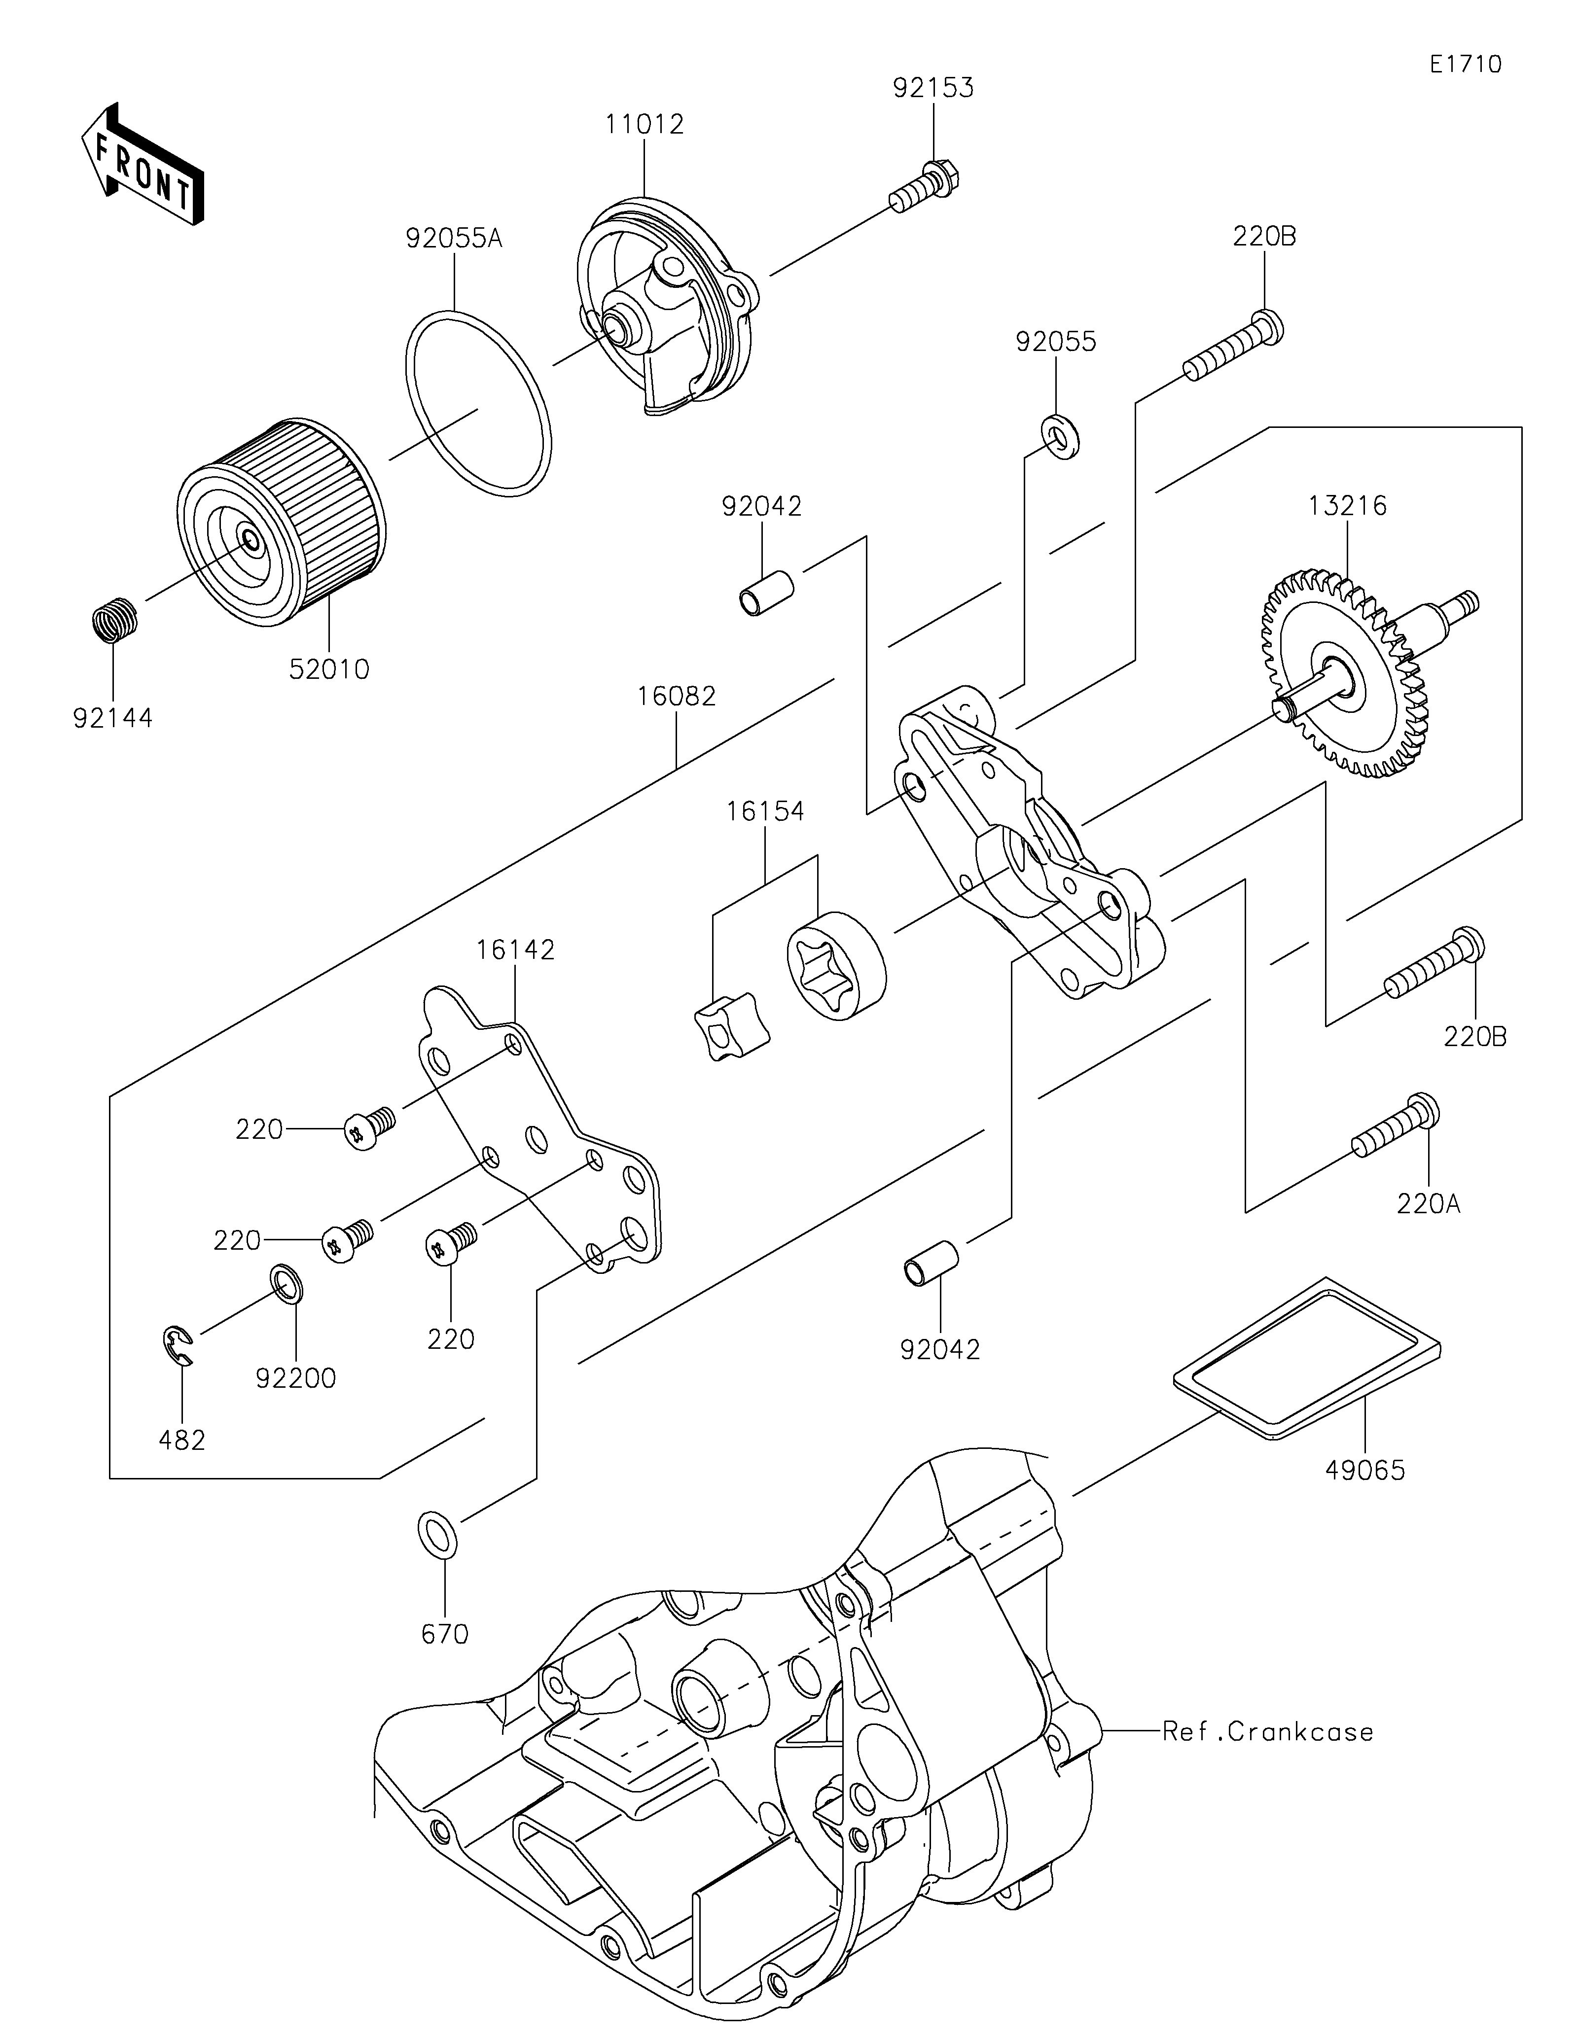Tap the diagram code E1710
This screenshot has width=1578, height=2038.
1464,65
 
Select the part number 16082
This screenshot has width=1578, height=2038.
677,696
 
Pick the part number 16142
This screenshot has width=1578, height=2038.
515,950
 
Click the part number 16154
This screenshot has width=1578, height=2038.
765,811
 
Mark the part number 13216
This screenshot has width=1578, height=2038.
1347,506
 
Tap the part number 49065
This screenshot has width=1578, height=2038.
1364,1471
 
